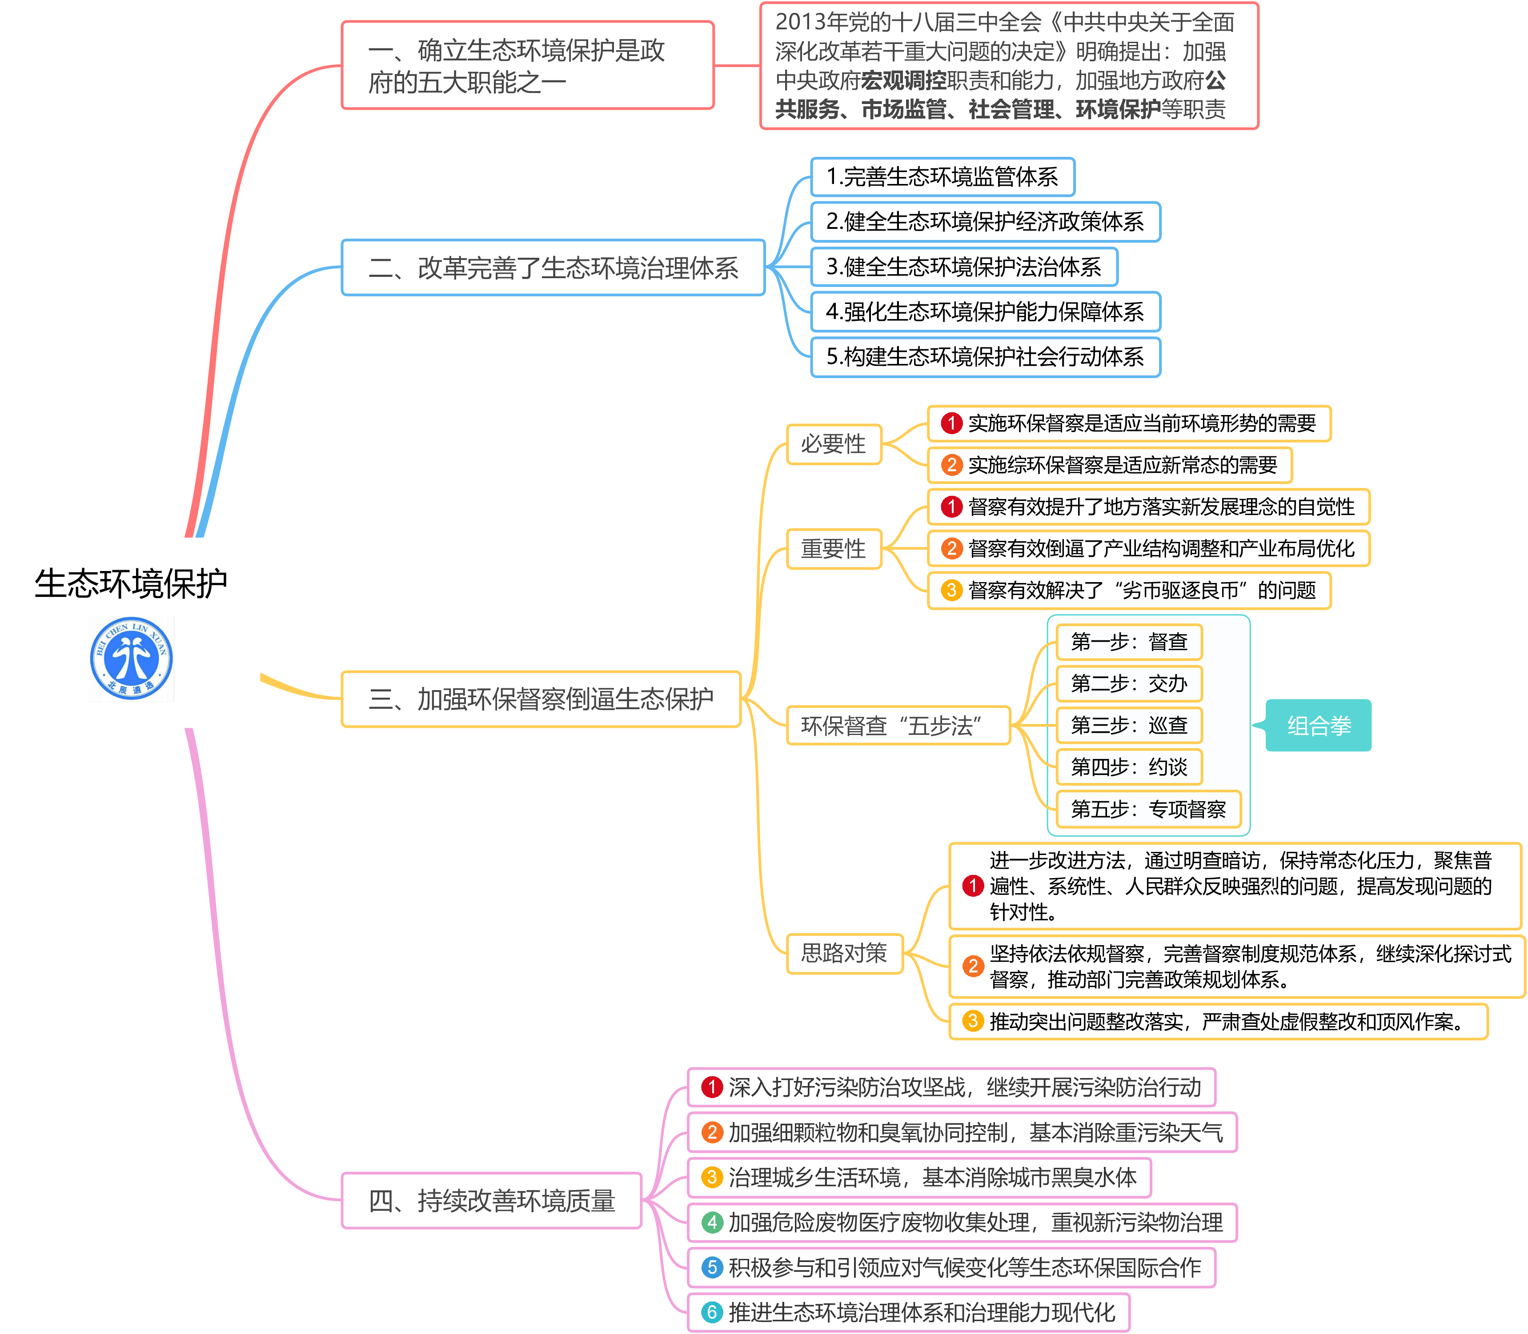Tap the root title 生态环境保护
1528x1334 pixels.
131,583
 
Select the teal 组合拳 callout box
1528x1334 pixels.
1318,725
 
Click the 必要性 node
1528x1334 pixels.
833,444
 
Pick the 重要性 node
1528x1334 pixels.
833,549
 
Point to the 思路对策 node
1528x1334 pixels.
844,953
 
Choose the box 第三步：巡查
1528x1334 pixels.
1128,725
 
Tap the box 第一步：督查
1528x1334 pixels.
1128,642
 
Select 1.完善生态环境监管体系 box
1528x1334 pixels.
942,177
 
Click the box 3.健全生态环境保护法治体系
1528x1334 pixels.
963,267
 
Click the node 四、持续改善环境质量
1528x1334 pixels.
491,1201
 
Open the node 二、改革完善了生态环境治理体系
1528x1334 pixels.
553,267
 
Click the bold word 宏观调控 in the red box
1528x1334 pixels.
903,80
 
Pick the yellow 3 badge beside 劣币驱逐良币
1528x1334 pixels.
951,590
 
